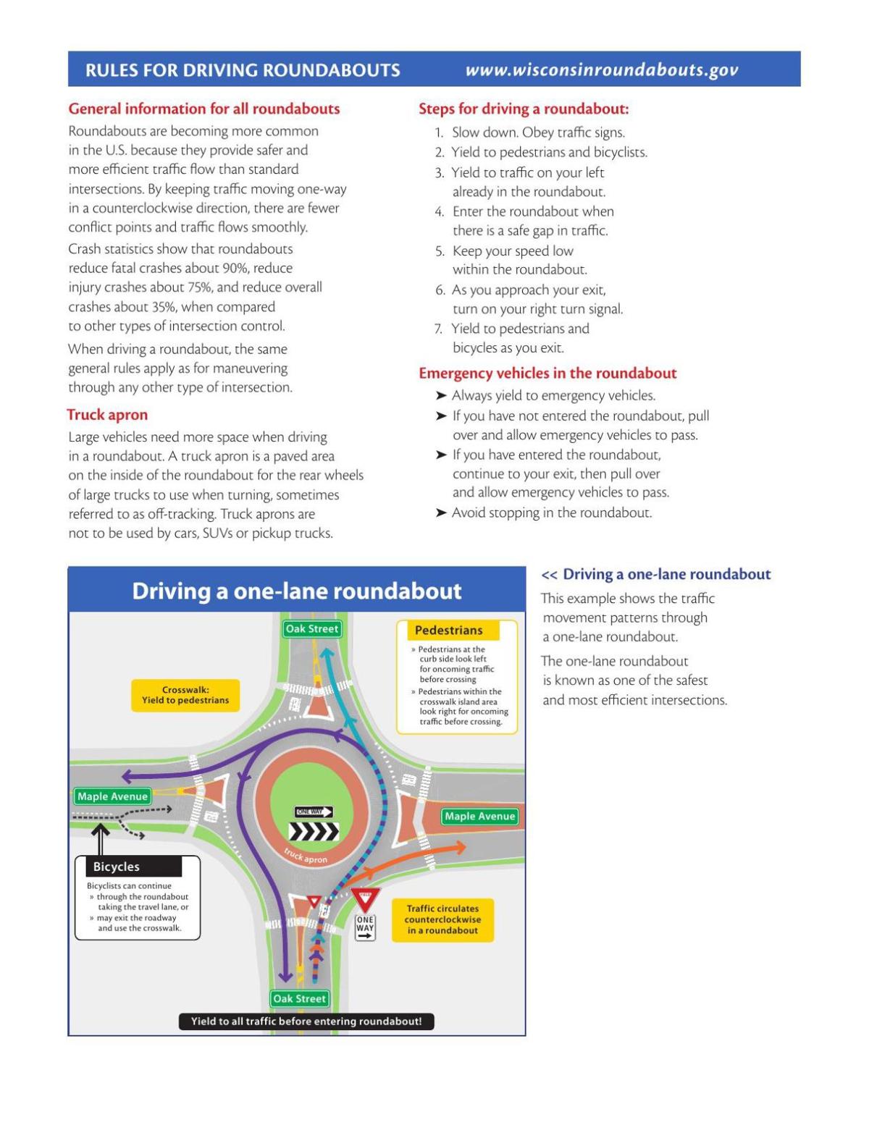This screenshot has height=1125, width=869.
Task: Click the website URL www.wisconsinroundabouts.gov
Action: tap(601, 70)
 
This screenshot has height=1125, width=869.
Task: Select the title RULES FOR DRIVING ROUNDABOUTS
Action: tap(243, 70)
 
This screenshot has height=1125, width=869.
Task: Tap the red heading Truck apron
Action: tap(107, 415)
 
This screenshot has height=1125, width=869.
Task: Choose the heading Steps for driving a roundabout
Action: tap(524, 109)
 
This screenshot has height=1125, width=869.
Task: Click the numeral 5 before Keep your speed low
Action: tap(440, 251)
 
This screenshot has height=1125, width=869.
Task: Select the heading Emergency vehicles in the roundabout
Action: tap(547, 374)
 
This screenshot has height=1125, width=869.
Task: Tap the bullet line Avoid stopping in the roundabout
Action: tap(551, 513)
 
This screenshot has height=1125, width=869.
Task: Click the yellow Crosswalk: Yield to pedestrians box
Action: tap(185, 695)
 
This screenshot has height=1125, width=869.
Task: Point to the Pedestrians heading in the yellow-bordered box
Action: tap(448, 631)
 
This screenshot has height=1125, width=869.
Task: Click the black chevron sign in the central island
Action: tap(314, 832)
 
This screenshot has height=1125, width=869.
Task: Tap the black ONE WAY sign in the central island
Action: tap(314, 812)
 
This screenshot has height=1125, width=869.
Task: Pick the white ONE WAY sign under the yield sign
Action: tap(365, 927)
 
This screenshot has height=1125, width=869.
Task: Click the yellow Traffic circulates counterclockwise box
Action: tap(442, 919)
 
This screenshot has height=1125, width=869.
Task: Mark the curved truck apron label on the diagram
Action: tap(306, 856)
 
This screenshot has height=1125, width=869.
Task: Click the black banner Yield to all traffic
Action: tap(306, 1021)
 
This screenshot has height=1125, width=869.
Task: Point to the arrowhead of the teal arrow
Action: tap(327, 653)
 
